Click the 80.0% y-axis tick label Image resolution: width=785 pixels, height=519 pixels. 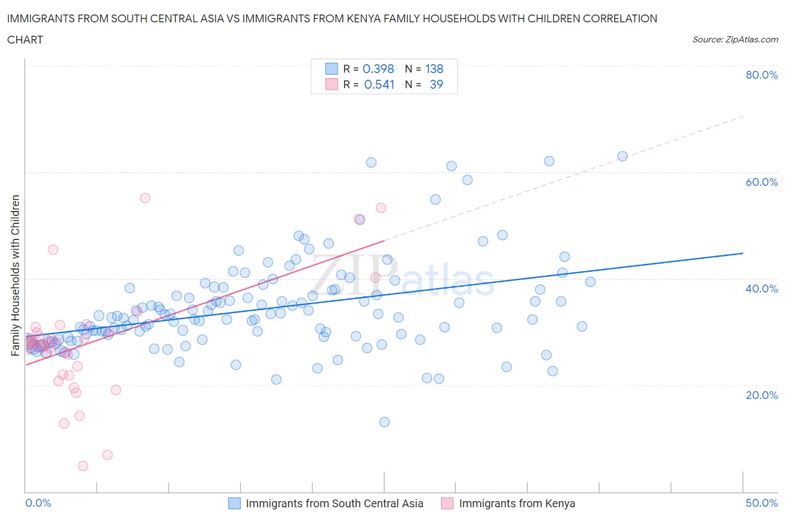click(762, 75)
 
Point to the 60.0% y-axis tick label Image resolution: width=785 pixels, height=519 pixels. click(762, 182)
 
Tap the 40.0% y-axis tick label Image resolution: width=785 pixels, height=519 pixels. click(762, 289)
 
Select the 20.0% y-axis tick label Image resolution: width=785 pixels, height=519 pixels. click(762, 395)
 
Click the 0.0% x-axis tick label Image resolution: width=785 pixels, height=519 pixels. click(38, 503)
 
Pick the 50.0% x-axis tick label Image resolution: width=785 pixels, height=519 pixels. click(762, 503)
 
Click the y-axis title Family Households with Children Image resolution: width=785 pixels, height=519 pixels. click(16, 275)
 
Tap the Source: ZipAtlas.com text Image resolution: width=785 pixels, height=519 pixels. click(735, 40)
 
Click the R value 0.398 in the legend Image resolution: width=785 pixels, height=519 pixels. click(378, 69)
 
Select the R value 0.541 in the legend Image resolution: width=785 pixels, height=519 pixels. click(379, 84)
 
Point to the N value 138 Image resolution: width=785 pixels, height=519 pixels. click(434, 69)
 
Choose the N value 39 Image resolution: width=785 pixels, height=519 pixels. click(436, 84)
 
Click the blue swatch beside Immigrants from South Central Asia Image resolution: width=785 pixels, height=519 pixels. click(234, 503)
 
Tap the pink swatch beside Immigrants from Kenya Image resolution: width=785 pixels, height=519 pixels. click(447, 503)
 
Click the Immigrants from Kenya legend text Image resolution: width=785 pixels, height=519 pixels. click(516, 503)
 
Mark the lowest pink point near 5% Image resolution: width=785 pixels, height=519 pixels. click(83, 466)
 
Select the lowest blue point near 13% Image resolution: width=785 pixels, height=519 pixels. click(384, 422)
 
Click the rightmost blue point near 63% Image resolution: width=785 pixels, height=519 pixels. click(623, 156)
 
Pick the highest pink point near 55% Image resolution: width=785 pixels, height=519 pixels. click(145, 198)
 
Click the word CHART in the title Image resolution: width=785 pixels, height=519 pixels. click(25, 40)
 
